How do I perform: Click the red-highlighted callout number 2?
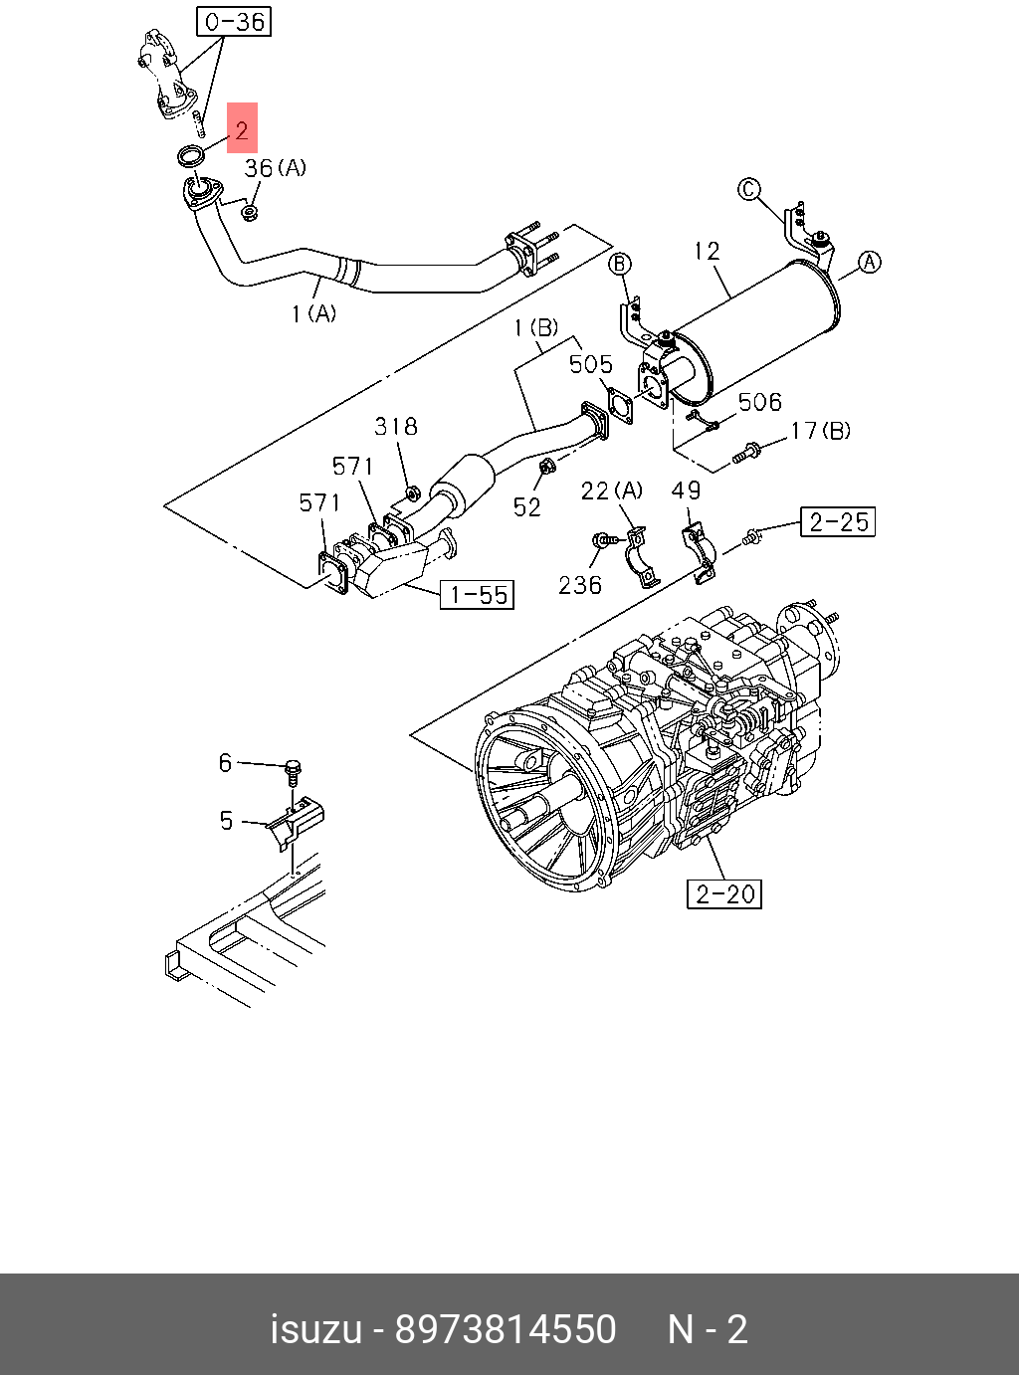pos(242,129)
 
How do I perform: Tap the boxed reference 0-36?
pos(234,21)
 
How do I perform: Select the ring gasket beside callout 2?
pos(191,154)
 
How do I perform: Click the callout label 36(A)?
pos(276,168)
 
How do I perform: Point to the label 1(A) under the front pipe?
pos(313,313)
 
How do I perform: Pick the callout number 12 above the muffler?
pos(707,251)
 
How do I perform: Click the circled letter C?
pos(748,189)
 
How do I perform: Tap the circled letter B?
pos(620,263)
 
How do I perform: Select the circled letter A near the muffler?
pos(870,262)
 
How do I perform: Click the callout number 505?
pos(590,364)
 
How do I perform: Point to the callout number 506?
pos(759,402)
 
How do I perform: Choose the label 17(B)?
pos(820,431)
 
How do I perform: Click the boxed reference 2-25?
pos(838,521)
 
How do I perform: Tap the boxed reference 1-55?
pos(478,595)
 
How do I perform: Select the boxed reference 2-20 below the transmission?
pos(724,893)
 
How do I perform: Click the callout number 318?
pos(395,427)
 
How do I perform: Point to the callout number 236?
pos(579,585)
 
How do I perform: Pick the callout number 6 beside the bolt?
pos(226,762)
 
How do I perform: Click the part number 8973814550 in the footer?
pos(506,1329)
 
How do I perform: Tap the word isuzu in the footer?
pos(315,1329)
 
